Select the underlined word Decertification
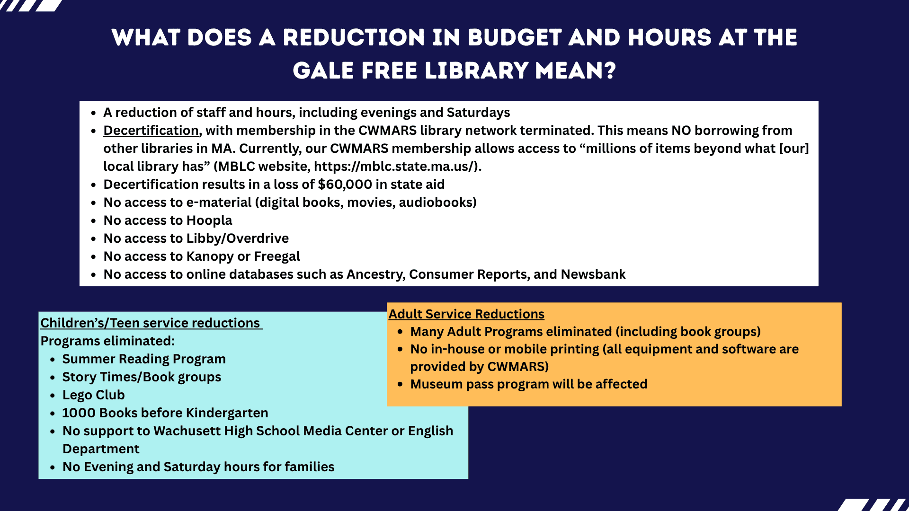point(151,131)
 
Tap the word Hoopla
point(209,220)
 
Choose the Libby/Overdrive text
point(237,238)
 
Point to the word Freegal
point(276,256)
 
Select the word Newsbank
point(593,274)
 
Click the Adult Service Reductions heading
point(466,314)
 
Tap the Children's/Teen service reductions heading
point(151,323)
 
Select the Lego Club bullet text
point(93,395)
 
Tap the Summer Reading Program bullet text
point(144,359)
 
